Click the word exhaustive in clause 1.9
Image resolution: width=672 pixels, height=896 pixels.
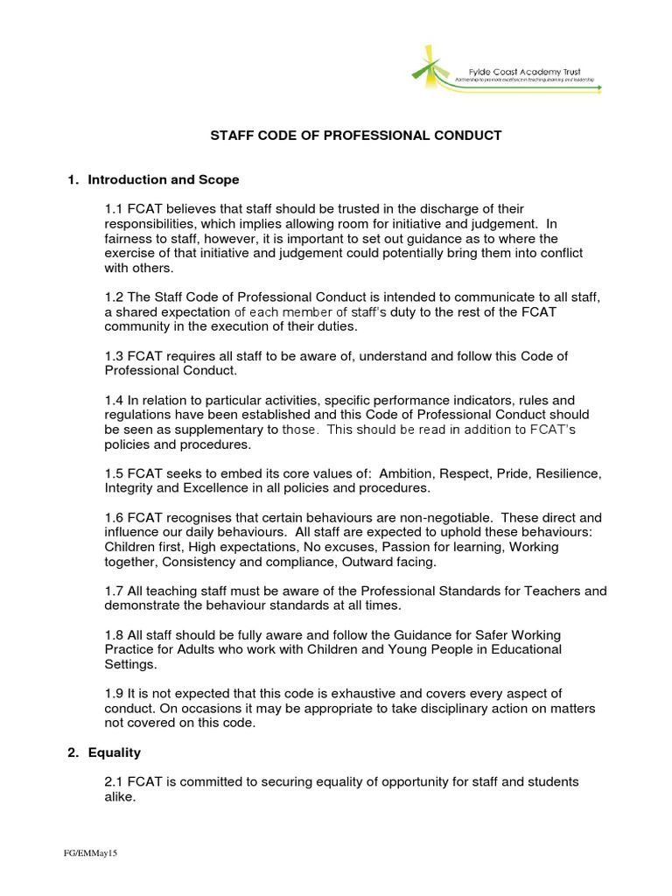(350, 693)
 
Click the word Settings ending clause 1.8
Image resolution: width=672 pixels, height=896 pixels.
(129, 664)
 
